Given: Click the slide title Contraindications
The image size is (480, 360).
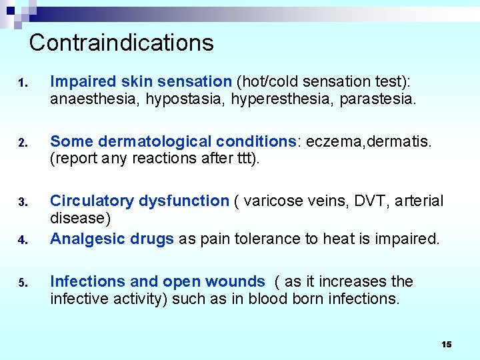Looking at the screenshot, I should click(121, 43).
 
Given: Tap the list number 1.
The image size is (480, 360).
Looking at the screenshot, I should click(22, 83).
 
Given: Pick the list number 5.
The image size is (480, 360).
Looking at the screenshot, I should click(22, 283).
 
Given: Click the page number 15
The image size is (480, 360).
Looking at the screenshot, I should click(446, 344).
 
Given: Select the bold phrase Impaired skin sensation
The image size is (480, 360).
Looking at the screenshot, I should click(141, 82).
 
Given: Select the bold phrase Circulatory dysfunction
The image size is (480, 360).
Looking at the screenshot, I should click(139, 201).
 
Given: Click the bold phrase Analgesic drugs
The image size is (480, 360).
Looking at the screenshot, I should click(112, 239).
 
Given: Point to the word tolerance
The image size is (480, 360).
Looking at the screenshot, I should click(242, 239).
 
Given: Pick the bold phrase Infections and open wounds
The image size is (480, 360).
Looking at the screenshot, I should click(157, 281).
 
